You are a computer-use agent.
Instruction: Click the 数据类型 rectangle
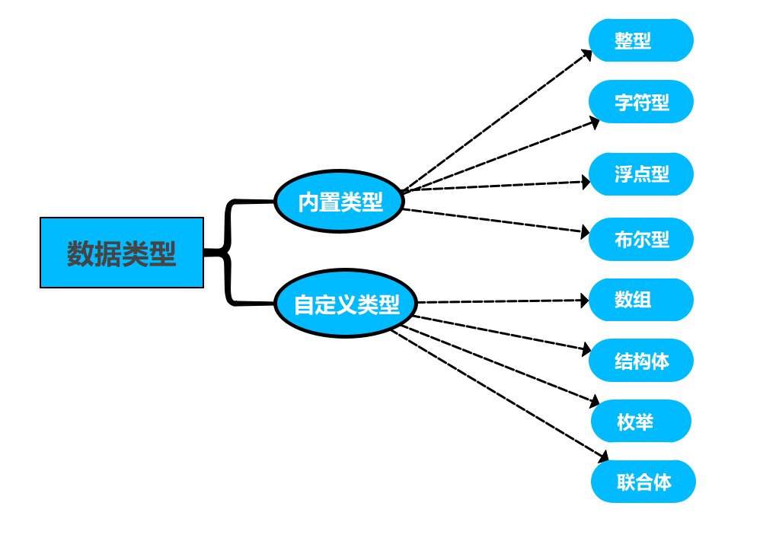122,253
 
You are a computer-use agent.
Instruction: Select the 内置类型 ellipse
339,202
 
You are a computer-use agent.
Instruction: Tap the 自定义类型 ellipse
346,304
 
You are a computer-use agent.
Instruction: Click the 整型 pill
640,40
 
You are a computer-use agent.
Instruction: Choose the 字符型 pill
640,101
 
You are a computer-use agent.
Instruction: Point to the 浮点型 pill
640,174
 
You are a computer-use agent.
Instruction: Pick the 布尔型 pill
640,239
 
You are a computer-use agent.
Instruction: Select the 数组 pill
640,300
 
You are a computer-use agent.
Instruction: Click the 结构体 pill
640,360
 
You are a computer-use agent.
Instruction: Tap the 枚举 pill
640,421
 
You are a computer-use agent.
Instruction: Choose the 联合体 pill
643,481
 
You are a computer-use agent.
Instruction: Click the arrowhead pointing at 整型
587,54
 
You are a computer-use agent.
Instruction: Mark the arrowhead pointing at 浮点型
586,182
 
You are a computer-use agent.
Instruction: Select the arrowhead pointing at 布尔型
586,231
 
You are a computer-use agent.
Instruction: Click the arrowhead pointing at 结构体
586,350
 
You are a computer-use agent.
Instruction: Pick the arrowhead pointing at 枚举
596,402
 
